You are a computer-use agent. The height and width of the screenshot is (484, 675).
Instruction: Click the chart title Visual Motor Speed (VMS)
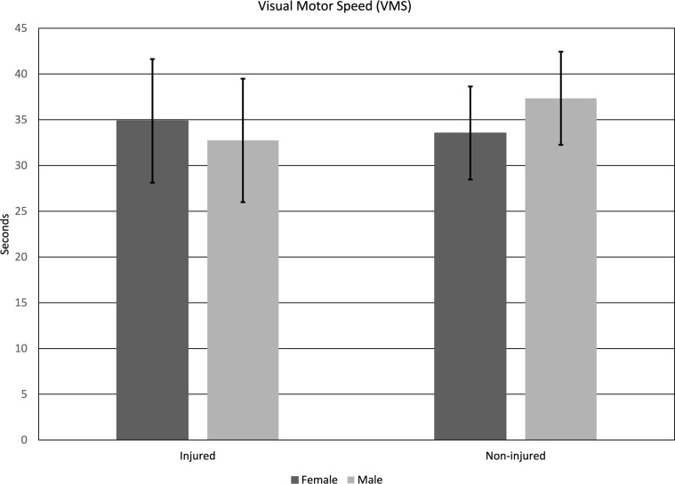(x=337, y=8)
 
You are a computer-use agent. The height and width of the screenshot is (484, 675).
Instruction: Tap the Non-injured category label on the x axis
(x=515, y=456)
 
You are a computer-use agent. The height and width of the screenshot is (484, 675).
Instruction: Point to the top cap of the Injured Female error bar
(x=152, y=59)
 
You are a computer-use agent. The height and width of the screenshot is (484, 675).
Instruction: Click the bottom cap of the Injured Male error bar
(x=243, y=202)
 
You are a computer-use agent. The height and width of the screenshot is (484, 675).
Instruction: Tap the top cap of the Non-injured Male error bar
(x=560, y=52)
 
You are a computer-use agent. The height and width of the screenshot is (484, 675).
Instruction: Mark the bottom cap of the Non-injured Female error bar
(x=470, y=179)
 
